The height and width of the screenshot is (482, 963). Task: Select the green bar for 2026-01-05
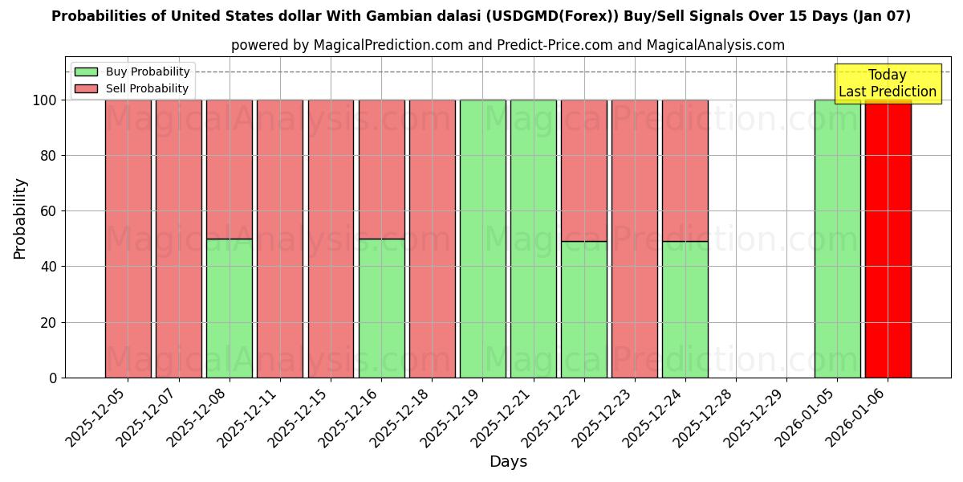tap(837, 239)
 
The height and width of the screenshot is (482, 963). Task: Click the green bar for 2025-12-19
tap(482, 239)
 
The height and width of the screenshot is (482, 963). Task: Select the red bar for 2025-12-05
tap(128, 239)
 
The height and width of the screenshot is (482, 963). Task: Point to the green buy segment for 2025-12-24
tap(685, 309)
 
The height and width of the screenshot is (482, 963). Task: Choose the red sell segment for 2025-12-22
tap(583, 170)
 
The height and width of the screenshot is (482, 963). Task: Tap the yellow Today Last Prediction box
tap(887, 84)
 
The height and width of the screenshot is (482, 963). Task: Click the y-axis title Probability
tap(20, 219)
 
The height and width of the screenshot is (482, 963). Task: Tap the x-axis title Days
tap(508, 462)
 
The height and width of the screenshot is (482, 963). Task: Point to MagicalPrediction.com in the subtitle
tap(388, 45)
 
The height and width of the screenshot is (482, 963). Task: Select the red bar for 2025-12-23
tap(634, 239)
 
